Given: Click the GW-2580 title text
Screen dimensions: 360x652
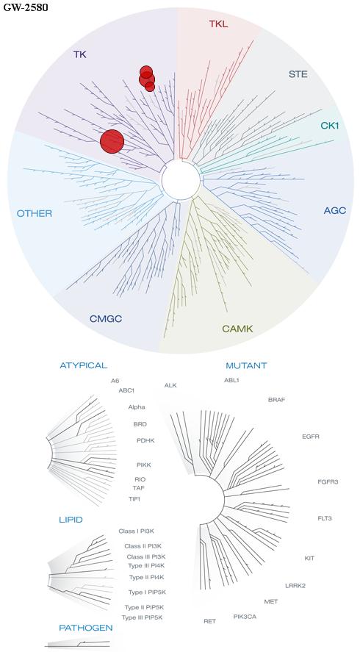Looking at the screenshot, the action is tap(26, 7).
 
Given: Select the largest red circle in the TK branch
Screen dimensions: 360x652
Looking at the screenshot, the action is tap(112, 141).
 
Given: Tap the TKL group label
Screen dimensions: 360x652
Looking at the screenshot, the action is tap(218, 24).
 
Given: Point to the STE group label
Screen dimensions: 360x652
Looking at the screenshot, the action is tap(298, 74).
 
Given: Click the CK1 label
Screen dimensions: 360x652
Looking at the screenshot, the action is tap(330, 125).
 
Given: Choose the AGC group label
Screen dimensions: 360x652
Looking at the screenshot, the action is tap(334, 211).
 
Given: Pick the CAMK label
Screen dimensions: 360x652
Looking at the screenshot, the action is tap(237, 329).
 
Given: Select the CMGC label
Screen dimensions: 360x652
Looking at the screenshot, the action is tap(106, 319).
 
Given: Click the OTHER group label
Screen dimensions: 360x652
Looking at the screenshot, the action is tap(35, 214).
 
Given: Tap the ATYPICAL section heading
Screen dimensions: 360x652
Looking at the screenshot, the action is tap(84, 365).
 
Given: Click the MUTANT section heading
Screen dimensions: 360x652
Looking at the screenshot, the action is tap(246, 366).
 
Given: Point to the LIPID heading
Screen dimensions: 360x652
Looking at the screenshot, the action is tap(71, 520).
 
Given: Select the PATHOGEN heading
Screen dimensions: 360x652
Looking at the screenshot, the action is tap(86, 628).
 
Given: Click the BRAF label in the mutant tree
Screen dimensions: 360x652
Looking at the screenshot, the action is tap(277, 400).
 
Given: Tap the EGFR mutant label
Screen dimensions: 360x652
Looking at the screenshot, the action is tap(311, 437).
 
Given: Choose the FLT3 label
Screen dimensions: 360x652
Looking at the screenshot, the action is tap(325, 518).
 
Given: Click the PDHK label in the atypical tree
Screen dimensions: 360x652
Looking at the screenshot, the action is tap(145, 440).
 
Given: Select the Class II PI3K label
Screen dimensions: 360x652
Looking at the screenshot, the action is tap(140, 546).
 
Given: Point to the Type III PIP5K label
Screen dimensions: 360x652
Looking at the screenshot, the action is tap(142, 617).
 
